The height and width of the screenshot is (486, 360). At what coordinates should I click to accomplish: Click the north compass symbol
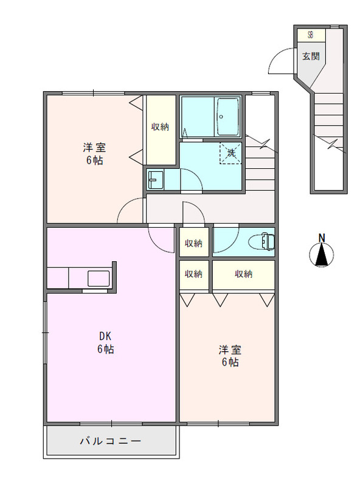coord(322,255)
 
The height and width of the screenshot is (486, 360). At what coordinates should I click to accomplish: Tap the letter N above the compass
coord(322,238)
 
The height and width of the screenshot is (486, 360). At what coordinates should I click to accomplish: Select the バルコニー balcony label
coord(110,441)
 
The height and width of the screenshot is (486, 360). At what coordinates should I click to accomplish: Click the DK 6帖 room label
coord(106,343)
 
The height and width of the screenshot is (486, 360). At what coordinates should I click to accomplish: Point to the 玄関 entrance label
coord(311,56)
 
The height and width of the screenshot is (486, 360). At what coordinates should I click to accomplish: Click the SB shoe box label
coord(310,35)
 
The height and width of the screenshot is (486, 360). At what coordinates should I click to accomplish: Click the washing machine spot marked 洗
coord(231,152)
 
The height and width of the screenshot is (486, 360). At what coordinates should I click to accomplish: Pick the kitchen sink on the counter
coord(98,278)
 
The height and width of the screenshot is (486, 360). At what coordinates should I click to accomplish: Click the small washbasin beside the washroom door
coord(155,179)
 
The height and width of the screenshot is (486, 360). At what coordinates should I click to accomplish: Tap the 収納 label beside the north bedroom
coord(161,126)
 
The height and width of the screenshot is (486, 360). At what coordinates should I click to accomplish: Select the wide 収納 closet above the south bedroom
coord(243,274)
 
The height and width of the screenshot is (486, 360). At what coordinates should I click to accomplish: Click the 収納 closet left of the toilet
coord(193,243)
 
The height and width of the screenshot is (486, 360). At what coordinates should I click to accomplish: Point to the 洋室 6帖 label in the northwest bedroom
coord(94,154)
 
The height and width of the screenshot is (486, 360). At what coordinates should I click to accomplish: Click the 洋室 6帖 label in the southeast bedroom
coord(230,356)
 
